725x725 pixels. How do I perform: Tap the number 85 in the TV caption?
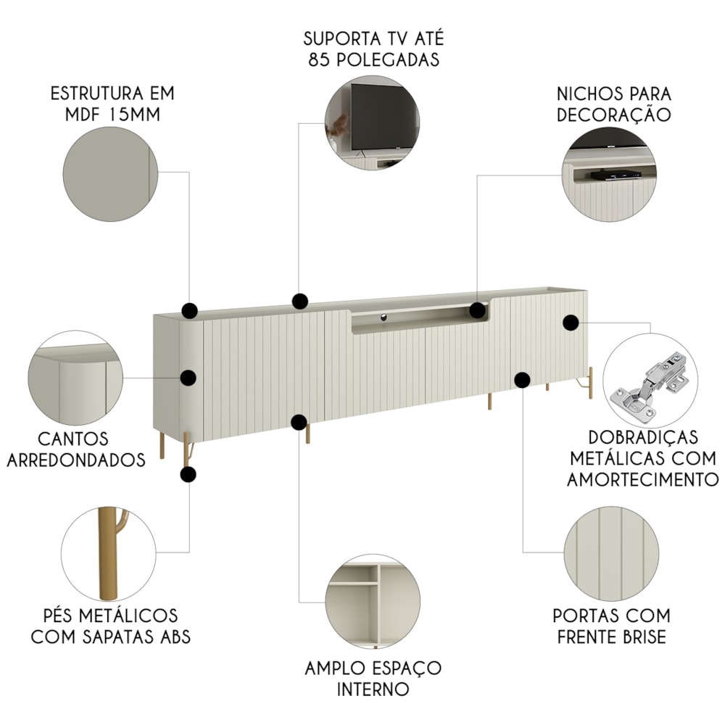point(319,59)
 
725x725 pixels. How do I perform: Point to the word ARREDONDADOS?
point(76,460)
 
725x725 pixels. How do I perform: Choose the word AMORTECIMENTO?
point(642,480)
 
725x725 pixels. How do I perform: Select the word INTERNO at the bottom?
point(373,689)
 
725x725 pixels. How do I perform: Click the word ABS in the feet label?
point(175,637)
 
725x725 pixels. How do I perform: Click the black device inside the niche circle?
point(616,175)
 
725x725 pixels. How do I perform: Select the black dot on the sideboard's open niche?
point(478,310)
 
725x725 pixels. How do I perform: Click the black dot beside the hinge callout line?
point(571,323)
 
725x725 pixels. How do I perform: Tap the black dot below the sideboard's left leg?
point(188,474)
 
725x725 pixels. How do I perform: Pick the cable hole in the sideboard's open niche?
point(384,317)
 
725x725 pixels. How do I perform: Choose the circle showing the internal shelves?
point(372,601)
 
